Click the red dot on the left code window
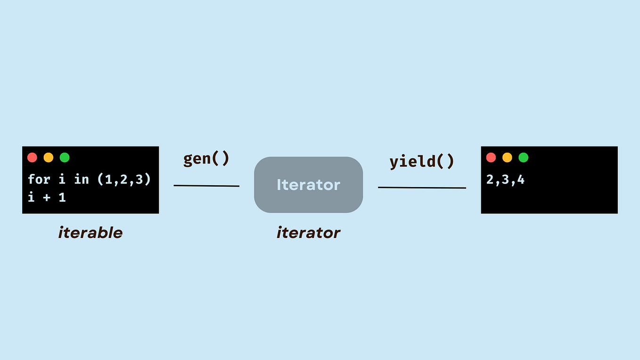(x=32, y=157)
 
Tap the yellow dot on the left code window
(x=49, y=157)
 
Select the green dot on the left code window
(x=65, y=157)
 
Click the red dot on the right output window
(x=491, y=157)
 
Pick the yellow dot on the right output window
(x=507, y=157)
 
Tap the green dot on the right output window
(x=523, y=157)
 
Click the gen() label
(x=206, y=159)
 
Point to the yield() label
(x=422, y=162)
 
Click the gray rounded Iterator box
(x=308, y=185)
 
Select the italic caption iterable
(x=90, y=232)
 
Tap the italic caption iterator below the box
(x=308, y=232)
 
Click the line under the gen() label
(x=206, y=186)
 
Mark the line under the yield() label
(x=422, y=188)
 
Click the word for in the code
(x=39, y=179)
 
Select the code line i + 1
(x=47, y=197)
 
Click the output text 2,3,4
(x=505, y=180)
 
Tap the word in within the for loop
(x=82, y=179)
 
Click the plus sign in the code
(x=47, y=197)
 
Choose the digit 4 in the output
(x=520, y=180)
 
